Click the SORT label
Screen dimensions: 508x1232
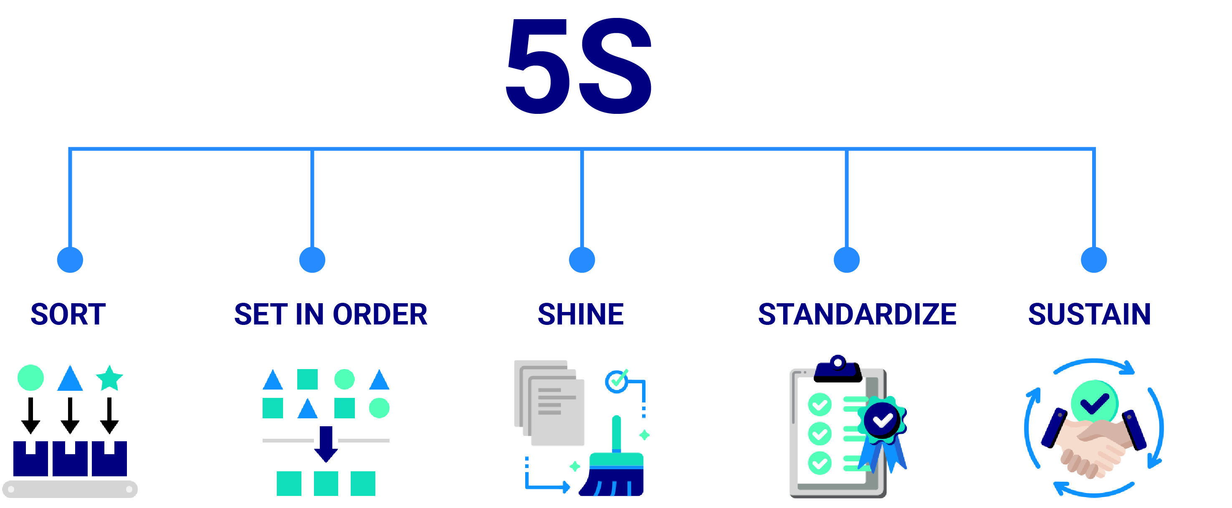pyautogui.click(x=68, y=315)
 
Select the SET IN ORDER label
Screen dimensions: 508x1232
pyautogui.click(x=331, y=315)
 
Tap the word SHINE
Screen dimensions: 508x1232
pyautogui.click(x=581, y=315)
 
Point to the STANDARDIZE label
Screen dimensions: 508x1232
pyautogui.click(x=857, y=315)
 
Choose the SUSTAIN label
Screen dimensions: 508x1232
pyautogui.click(x=1090, y=315)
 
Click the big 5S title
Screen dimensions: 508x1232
pyautogui.click(x=579, y=67)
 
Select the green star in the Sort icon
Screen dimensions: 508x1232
pyautogui.click(x=109, y=378)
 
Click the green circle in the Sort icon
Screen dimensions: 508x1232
pyautogui.click(x=30, y=378)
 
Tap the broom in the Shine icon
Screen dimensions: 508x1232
pyautogui.click(x=615, y=468)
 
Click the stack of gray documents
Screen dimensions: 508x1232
pyautogui.click(x=550, y=404)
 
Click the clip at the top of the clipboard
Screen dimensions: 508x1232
pyautogui.click(x=838, y=369)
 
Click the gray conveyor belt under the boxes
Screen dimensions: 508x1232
pyautogui.click(x=70, y=489)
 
